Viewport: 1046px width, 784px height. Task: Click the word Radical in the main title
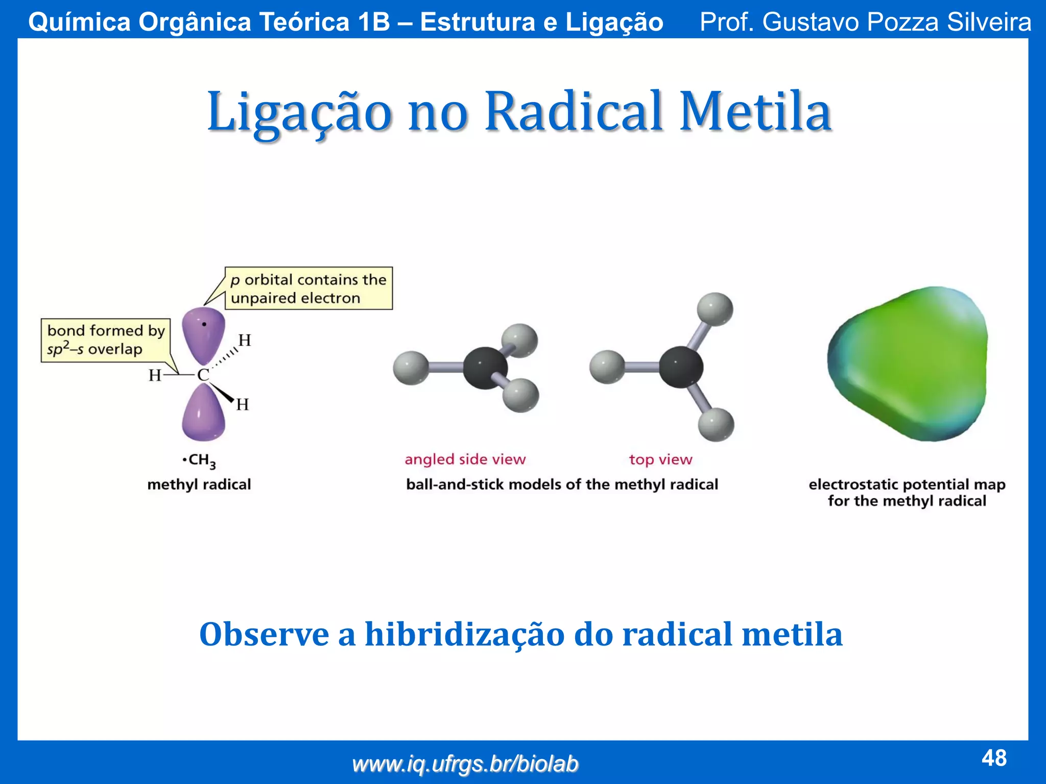point(574,112)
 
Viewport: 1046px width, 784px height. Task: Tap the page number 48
point(994,758)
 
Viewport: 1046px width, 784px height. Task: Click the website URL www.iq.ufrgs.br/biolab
point(465,764)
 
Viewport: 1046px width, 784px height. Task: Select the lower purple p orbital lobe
point(203,414)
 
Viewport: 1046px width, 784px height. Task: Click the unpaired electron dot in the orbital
point(204,324)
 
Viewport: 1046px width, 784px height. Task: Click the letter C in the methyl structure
point(203,375)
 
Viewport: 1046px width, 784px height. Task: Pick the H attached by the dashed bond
point(245,340)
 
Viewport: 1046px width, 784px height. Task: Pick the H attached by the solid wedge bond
point(242,405)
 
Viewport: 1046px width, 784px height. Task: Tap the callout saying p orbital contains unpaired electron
point(308,288)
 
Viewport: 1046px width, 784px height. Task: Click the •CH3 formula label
point(200,460)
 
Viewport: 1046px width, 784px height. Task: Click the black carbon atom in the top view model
point(680,367)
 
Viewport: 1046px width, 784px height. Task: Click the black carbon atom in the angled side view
point(485,368)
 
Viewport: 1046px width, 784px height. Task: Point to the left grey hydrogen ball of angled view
point(411,368)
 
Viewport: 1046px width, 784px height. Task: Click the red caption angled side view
point(465,459)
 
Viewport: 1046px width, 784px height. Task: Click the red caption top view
point(660,459)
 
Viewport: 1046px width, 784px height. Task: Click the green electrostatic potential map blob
point(907,365)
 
